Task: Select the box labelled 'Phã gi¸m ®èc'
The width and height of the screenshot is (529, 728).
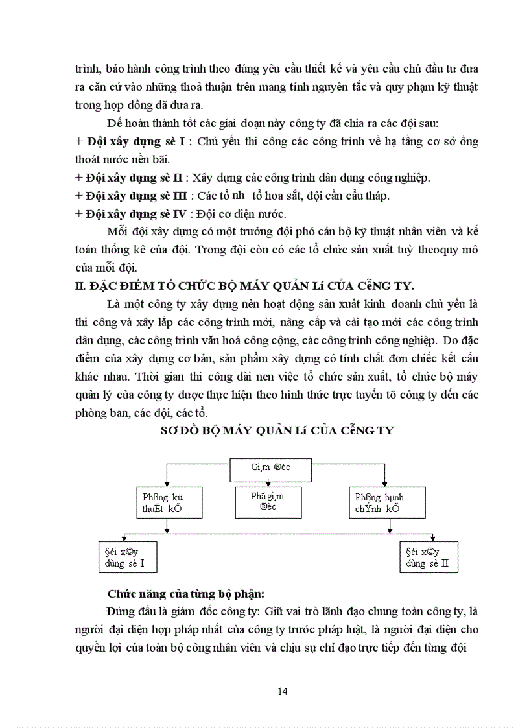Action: pyautogui.click(x=267, y=501)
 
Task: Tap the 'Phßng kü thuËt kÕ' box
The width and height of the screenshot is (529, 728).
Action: pyautogui.click(x=169, y=503)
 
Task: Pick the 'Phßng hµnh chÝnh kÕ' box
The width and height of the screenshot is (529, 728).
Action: pyautogui.click(x=387, y=503)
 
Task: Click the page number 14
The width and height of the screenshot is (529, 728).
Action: pyautogui.click(x=282, y=691)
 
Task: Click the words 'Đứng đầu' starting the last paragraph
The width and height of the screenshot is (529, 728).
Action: pyautogui.click(x=127, y=611)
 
